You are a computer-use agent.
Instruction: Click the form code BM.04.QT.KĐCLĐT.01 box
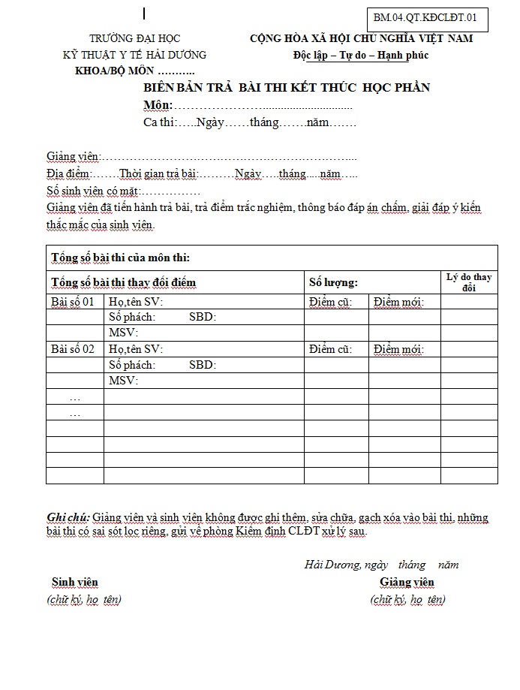click(425, 19)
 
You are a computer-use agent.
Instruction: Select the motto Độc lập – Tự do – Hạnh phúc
click(361, 55)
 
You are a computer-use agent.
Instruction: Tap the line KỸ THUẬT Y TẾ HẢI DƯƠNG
click(134, 55)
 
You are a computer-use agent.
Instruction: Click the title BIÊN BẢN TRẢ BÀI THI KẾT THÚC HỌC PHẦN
click(287, 88)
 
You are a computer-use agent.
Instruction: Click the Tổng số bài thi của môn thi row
click(120, 258)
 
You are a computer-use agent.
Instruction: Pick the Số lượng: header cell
click(333, 282)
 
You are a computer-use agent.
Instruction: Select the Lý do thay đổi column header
click(468, 282)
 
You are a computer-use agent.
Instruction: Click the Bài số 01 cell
click(73, 302)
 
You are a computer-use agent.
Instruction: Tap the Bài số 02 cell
click(73, 349)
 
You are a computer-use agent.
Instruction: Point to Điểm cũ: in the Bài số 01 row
click(330, 302)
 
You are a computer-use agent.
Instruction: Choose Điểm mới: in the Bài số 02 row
click(398, 349)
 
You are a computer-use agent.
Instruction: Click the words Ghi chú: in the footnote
click(68, 517)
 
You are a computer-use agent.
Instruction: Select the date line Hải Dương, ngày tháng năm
click(381, 565)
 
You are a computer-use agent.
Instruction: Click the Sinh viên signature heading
click(74, 582)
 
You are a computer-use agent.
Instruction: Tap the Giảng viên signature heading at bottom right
click(407, 582)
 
